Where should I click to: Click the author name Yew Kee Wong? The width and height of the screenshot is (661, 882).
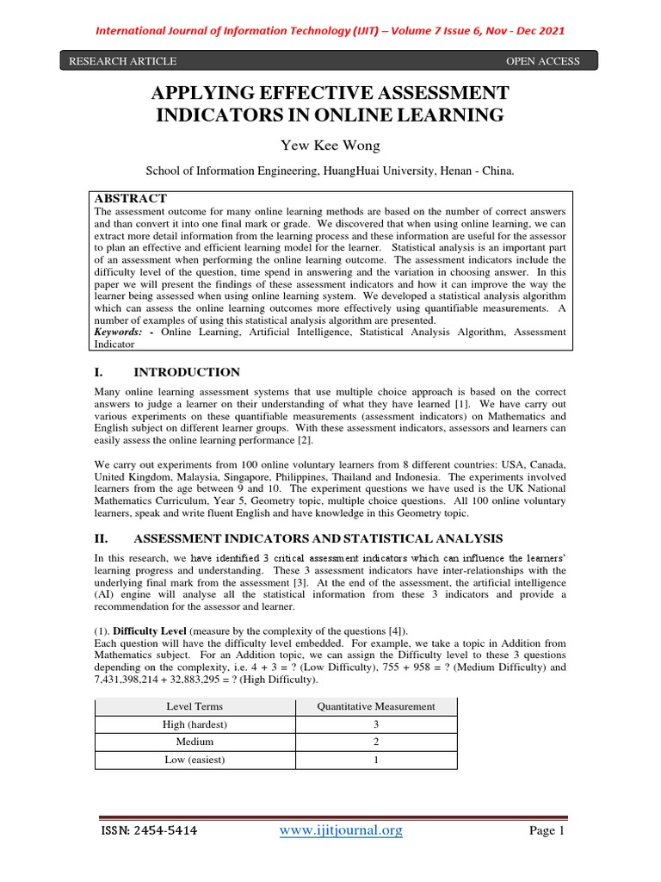(x=330, y=145)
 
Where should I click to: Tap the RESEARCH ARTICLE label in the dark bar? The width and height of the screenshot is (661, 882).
(x=117, y=61)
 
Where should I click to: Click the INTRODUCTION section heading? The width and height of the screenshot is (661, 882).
(x=187, y=372)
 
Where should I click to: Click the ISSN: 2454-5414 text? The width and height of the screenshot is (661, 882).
(x=146, y=831)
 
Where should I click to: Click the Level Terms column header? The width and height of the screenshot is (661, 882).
(x=194, y=707)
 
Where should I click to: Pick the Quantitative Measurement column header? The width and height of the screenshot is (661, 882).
(x=376, y=707)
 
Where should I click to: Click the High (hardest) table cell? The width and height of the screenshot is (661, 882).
(x=194, y=725)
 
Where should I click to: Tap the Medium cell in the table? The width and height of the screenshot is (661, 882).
(x=194, y=742)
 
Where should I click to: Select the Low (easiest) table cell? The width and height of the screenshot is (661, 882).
(x=194, y=761)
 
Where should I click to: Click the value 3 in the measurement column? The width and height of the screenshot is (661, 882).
(x=376, y=725)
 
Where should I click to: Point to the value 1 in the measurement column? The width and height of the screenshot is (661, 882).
(x=376, y=761)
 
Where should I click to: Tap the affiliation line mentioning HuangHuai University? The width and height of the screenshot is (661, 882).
(x=330, y=171)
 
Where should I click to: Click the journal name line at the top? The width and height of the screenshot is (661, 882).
(x=330, y=31)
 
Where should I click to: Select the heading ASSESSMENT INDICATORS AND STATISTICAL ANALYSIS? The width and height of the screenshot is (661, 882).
(x=318, y=538)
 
